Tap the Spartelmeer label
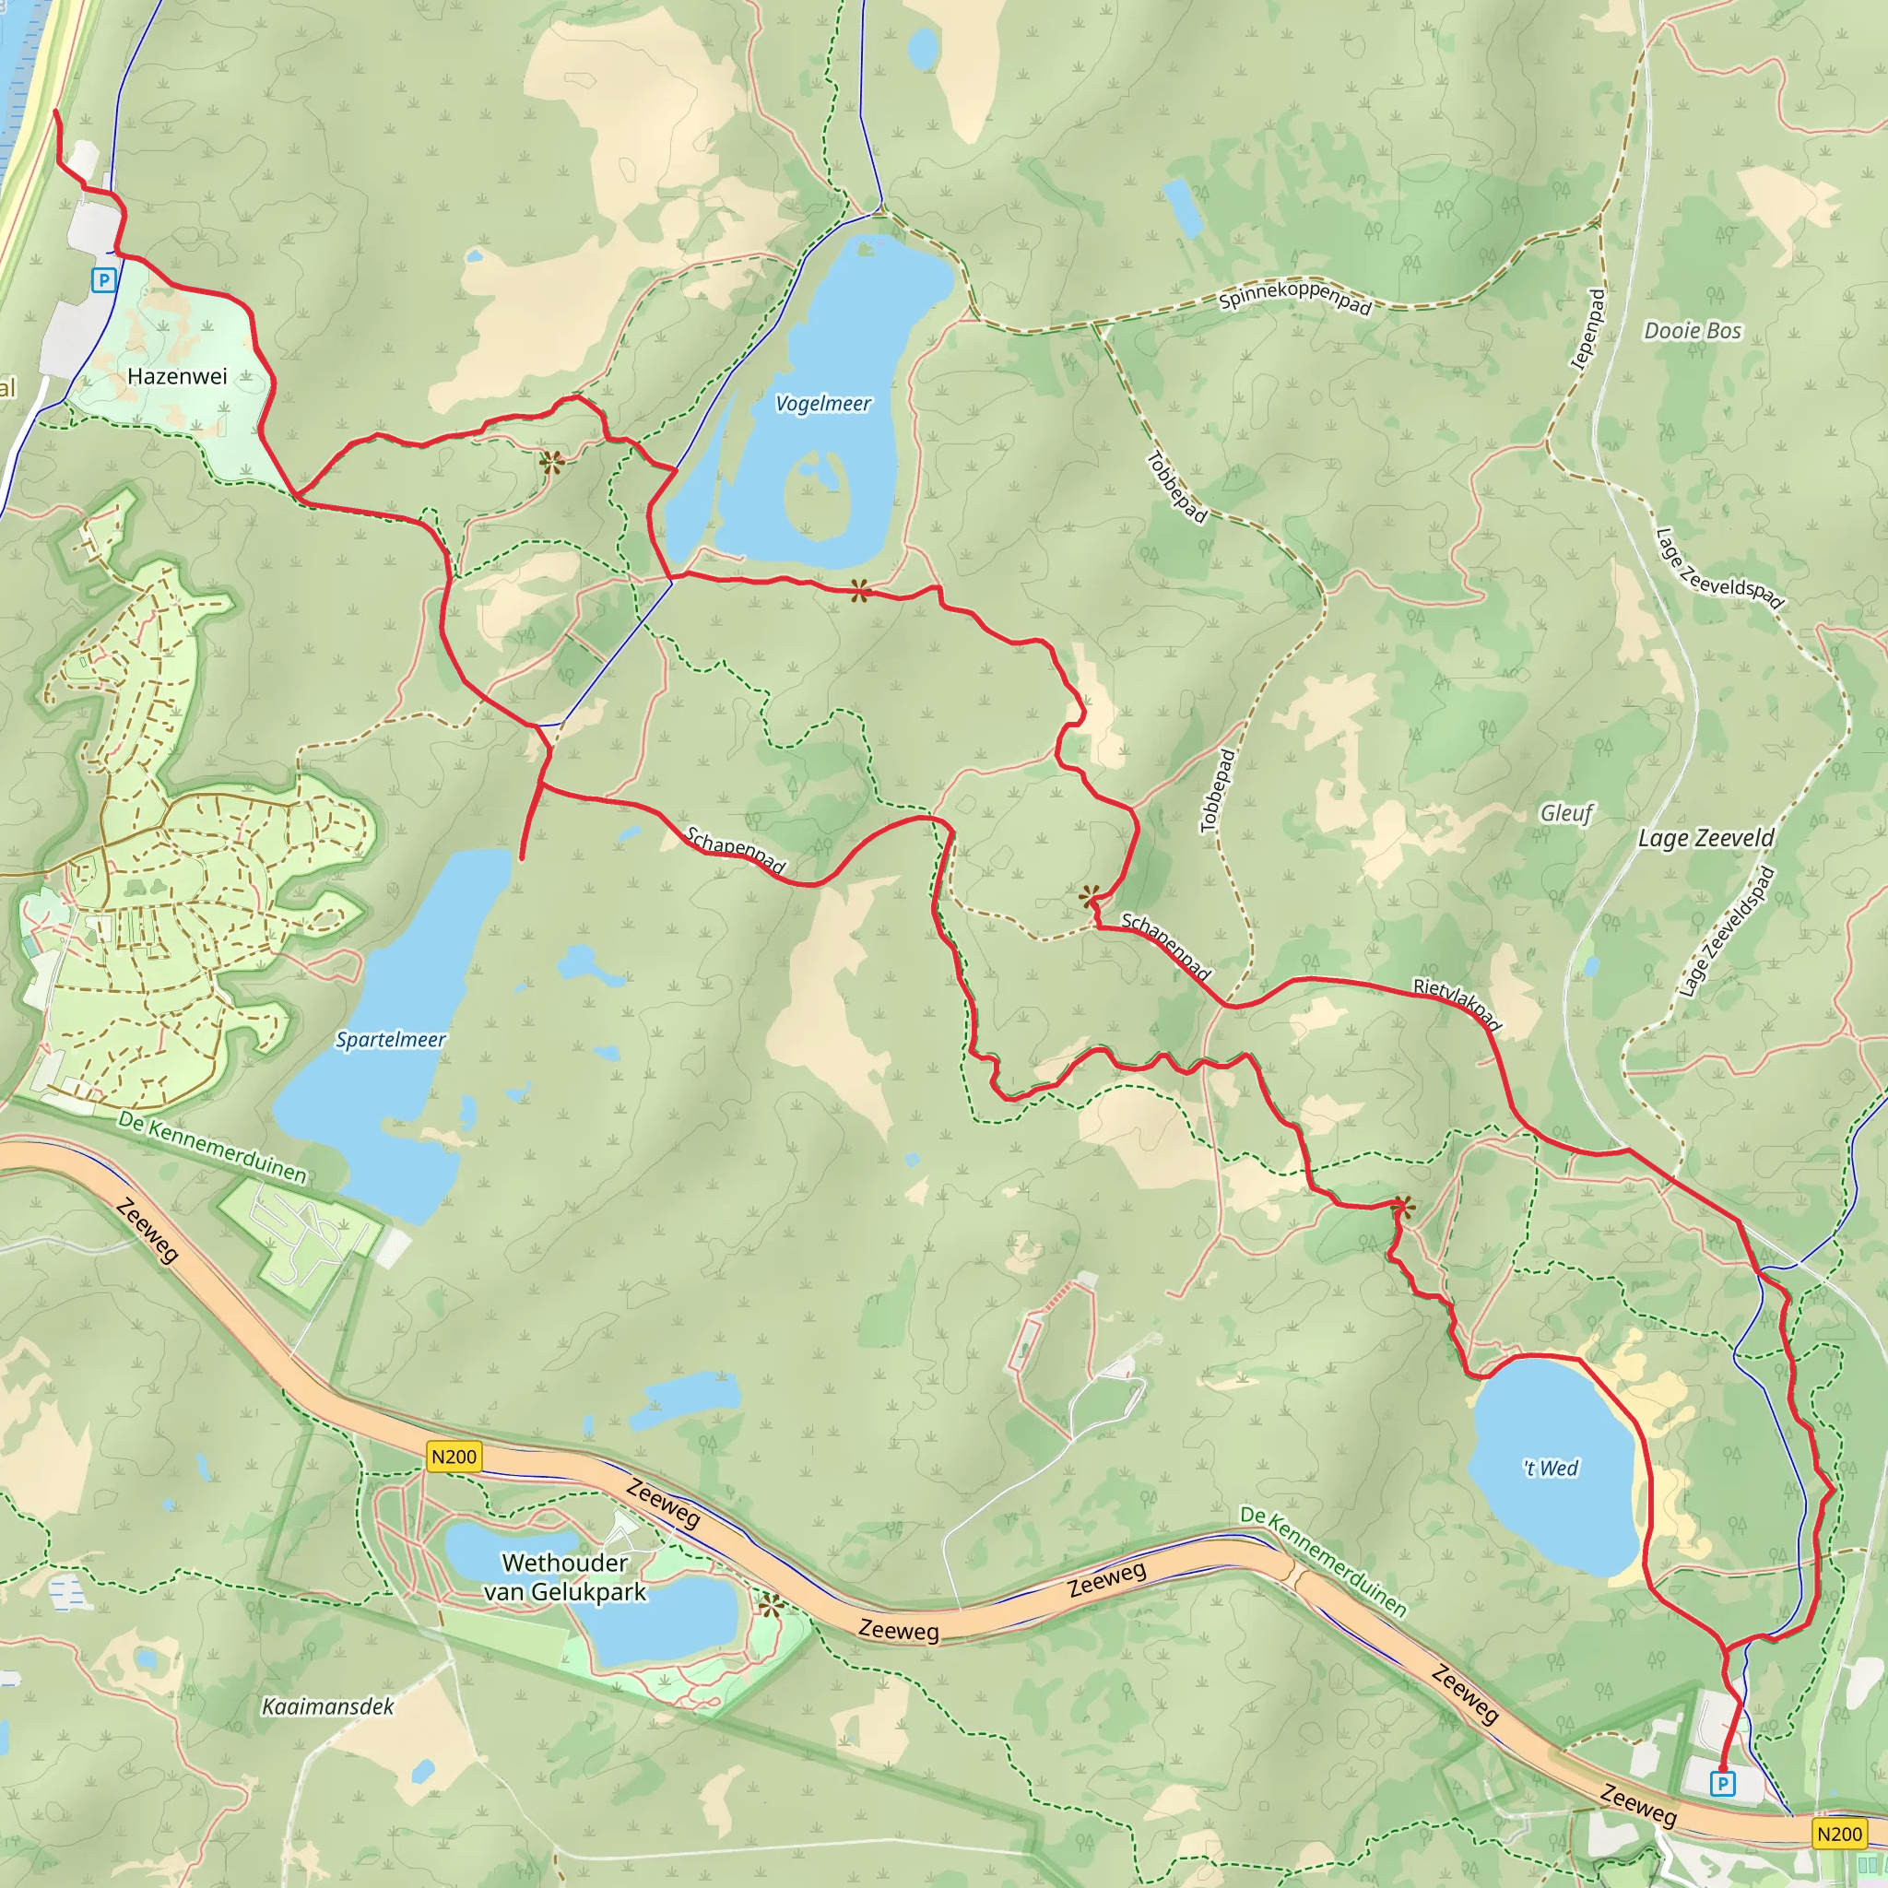(x=390, y=1040)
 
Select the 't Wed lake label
(x=1550, y=1468)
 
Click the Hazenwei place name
(x=177, y=376)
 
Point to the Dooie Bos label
(x=1692, y=330)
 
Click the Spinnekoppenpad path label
(x=1295, y=297)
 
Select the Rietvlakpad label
(x=1456, y=1004)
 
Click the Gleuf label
(x=1565, y=813)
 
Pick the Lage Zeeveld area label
(x=1705, y=839)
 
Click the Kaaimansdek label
(x=327, y=1706)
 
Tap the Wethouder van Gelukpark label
(x=565, y=1577)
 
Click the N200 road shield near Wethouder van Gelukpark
(x=454, y=1457)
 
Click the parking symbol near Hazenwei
(x=103, y=281)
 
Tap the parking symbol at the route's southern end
(x=1722, y=1784)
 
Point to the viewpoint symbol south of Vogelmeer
(x=859, y=589)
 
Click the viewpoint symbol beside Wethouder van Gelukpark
(x=770, y=1606)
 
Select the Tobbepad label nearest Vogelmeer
(x=1176, y=487)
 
